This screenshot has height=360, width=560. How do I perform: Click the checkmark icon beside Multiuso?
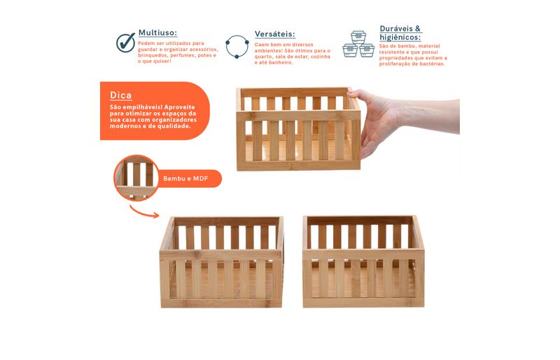[x=126, y=43]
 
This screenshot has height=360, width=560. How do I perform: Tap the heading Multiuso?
[x=157, y=33]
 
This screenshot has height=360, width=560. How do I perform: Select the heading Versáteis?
[x=274, y=34]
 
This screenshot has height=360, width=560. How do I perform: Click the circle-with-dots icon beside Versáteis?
[x=237, y=46]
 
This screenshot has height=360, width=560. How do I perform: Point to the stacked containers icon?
[x=358, y=44]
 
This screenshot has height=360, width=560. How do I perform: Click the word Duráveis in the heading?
[x=396, y=29]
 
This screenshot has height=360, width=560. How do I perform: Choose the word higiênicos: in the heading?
[x=400, y=37]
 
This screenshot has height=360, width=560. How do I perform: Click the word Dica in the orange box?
[x=120, y=95]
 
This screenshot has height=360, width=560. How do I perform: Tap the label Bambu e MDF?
[x=185, y=179]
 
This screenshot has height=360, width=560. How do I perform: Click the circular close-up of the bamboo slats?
[x=136, y=178]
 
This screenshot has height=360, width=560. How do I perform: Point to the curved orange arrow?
[x=144, y=212]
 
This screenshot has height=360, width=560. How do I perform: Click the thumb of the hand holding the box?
[x=358, y=95]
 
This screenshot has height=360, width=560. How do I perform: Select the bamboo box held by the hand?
[x=299, y=129]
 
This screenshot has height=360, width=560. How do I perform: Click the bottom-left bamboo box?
[x=221, y=262]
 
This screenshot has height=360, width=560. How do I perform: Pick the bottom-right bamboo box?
[x=363, y=261]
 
